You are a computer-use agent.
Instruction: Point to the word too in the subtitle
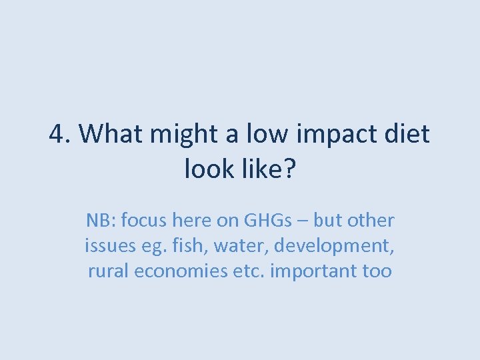click(x=377, y=271)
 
